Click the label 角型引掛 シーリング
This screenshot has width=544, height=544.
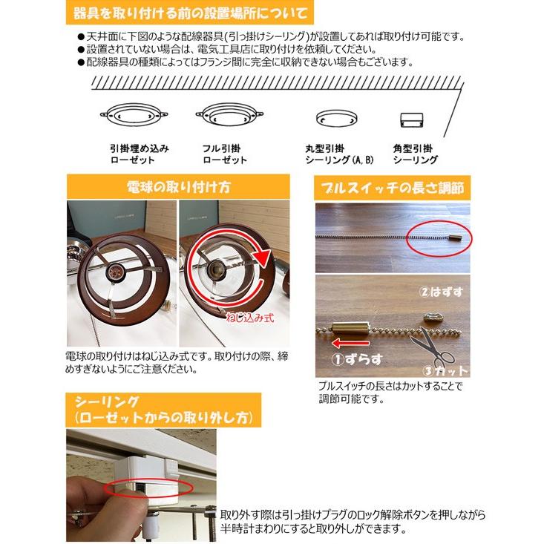415,154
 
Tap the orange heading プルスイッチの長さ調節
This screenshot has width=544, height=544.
392,187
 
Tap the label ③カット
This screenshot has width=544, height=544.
447,370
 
